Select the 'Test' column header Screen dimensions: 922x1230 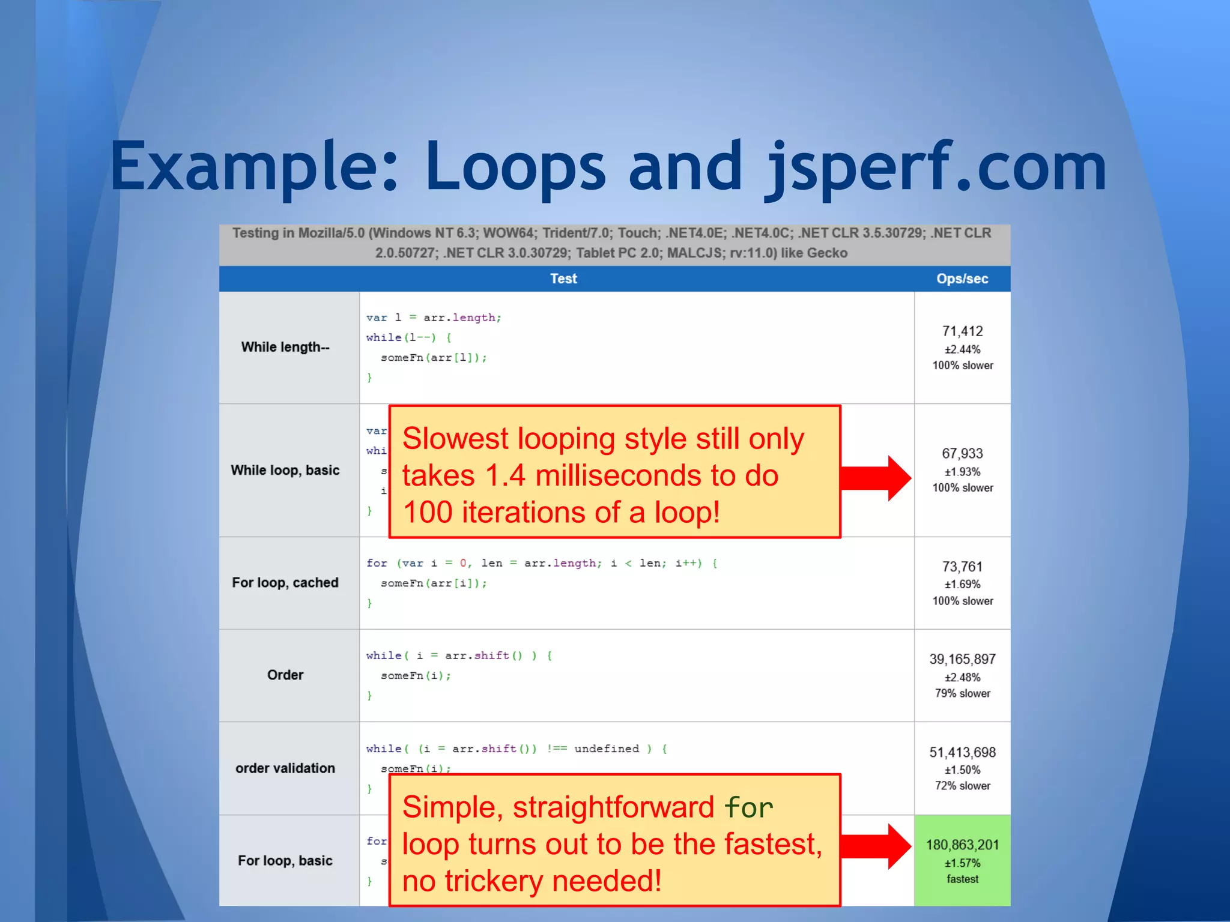click(563, 279)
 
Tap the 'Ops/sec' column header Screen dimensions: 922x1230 click(962, 279)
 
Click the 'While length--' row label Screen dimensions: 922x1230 click(285, 347)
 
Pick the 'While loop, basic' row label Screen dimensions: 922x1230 click(285, 470)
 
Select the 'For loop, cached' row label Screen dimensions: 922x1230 click(285, 582)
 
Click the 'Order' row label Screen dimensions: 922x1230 click(285, 675)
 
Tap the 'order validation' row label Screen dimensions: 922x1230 click(285, 768)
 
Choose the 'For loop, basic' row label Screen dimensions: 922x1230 click(285, 860)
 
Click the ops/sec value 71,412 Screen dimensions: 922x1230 click(962, 331)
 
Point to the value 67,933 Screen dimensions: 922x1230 click(962, 453)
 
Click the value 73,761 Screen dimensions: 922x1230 click(962, 567)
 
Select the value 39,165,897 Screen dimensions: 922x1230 click(962, 659)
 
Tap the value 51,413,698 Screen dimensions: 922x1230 click(962, 752)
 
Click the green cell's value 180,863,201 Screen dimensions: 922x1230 click(962, 845)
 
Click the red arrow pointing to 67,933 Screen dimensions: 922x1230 click(877, 478)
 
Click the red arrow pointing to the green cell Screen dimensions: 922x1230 click(877, 846)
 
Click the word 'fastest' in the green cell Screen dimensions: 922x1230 click(962, 879)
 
